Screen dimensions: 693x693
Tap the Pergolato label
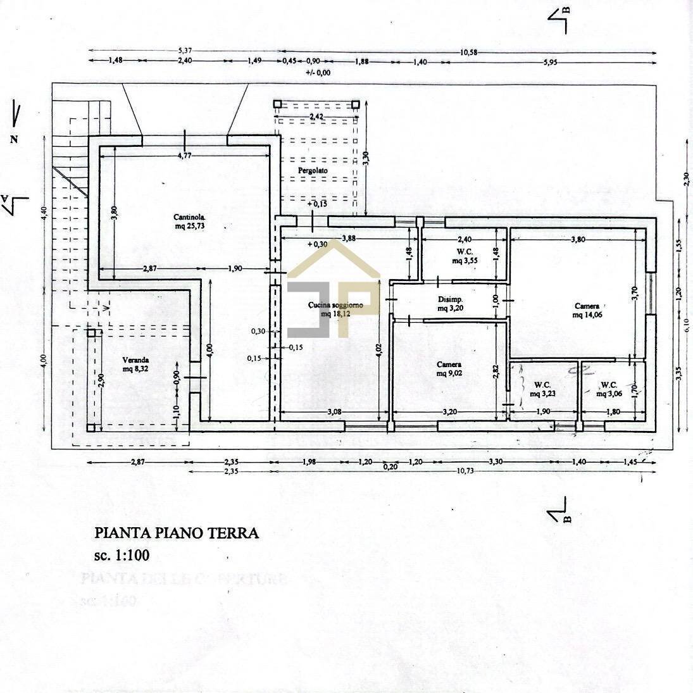(x=313, y=171)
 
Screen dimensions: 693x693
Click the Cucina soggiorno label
(x=335, y=306)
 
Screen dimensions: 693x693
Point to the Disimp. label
(x=451, y=299)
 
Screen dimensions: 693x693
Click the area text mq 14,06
(x=587, y=315)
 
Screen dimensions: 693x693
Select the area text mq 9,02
(x=449, y=373)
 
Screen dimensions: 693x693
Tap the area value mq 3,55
(x=465, y=260)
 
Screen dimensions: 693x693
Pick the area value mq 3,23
(x=542, y=394)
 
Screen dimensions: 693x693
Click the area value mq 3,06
(x=609, y=394)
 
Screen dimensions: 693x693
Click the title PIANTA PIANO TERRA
(x=177, y=533)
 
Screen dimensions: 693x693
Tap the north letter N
(x=13, y=139)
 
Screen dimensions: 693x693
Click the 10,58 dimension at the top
(x=469, y=53)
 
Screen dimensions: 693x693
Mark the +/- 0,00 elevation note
(x=318, y=72)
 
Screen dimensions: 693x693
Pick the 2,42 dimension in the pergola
(x=317, y=117)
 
